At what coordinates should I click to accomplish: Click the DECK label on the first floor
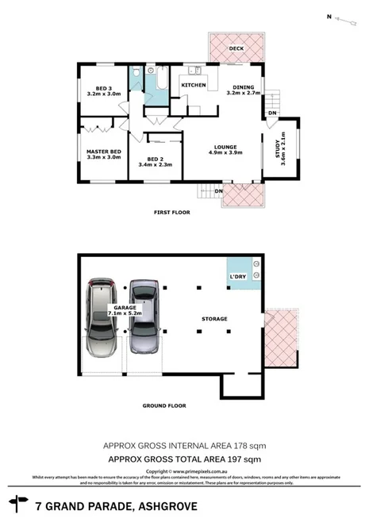coord(236,49)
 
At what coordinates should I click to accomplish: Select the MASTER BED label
coord(103,151)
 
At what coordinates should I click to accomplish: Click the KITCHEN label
coord(194,85)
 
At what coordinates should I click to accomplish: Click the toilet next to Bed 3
coord(137,74)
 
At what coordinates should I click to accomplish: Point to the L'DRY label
coord(239,274)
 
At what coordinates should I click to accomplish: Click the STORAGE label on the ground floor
coord(214,319)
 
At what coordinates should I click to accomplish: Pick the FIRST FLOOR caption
coord(173,213)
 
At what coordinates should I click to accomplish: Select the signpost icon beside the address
coord(17,503)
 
